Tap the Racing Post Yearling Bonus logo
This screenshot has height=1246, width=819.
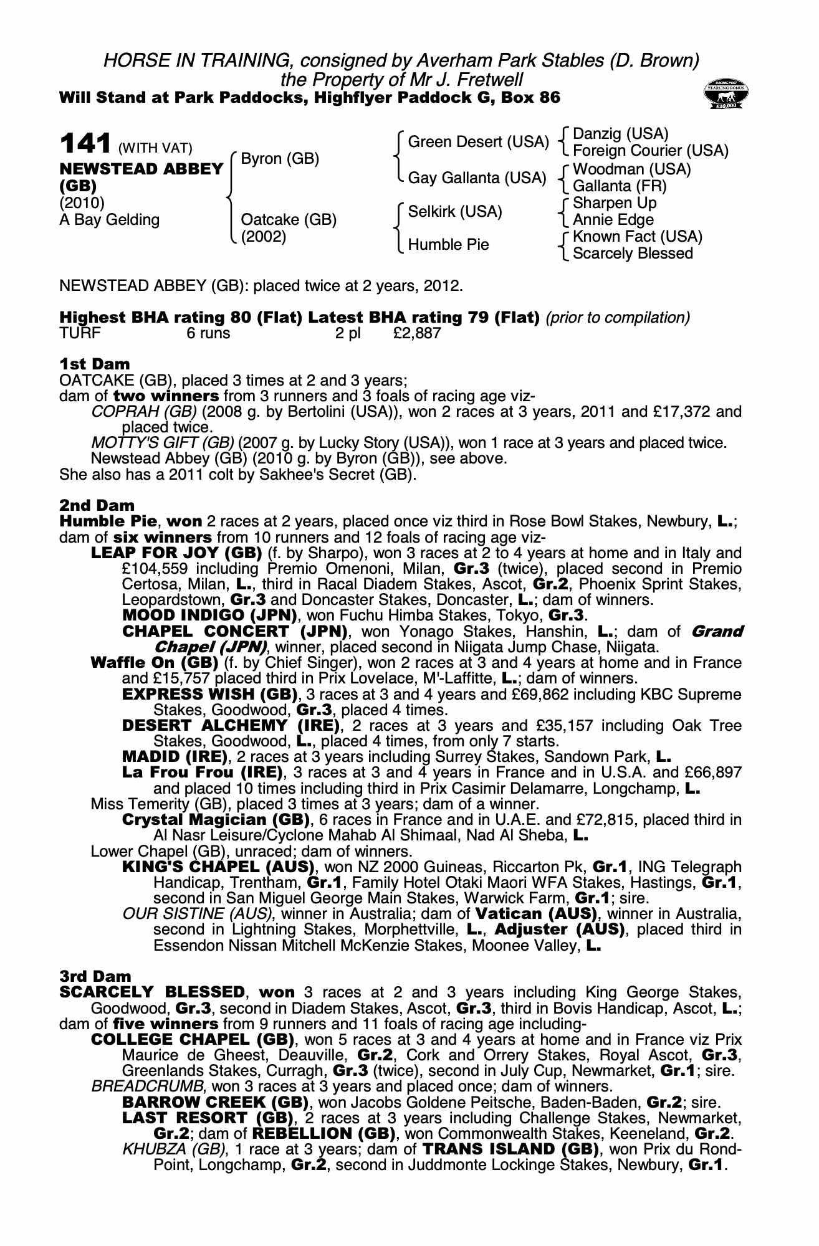tap(726, 95)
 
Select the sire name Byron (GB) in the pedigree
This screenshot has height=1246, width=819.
tap(280, 159)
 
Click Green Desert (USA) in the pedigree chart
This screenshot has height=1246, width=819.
tap(477, 143)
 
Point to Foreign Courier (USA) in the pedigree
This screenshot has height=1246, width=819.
tap(650, 151)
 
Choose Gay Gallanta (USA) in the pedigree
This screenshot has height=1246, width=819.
tap(477, 178)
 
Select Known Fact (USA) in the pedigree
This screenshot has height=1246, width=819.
tap(637, 237)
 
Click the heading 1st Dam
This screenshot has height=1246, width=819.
tap(94, 364)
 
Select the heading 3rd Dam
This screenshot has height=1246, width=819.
tap(95, 976)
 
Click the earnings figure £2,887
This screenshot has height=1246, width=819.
tap(417, 333)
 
